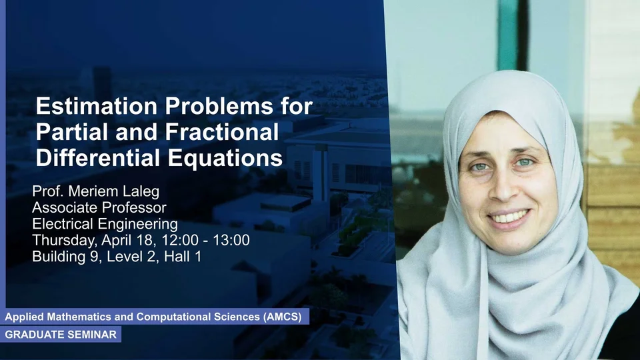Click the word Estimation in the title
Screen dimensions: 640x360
click(97, 106)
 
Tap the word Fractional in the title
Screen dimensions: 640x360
click(222, 132)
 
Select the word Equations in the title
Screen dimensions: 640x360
click(225, 159)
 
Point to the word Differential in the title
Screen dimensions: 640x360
click(99, 158)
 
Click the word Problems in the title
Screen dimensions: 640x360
click(219, 106)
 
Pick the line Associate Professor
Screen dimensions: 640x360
click(99, 208)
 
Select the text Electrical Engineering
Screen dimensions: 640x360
click(105, 224)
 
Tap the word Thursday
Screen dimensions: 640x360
click(65, 241)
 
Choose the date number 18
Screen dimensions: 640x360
click(149, 240)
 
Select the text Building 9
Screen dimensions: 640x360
click(67, 257)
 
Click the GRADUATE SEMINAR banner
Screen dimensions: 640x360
click(61, 334)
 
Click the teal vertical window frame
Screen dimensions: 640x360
click(507, 35)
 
